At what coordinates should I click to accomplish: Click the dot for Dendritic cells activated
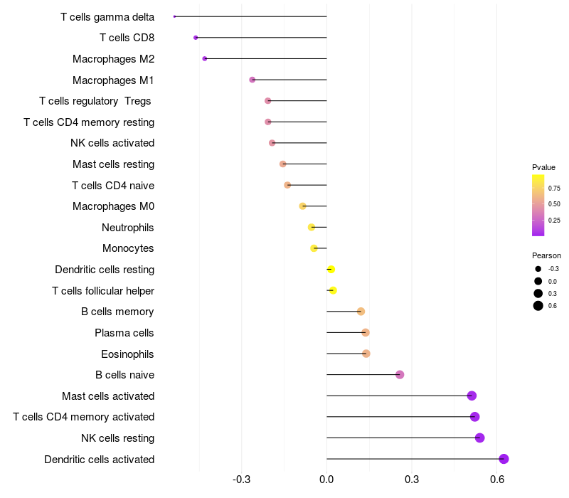[x=504, y=459]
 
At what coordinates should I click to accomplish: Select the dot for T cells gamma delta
[x=174, y=16]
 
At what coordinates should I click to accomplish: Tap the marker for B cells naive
[x=400, y=375]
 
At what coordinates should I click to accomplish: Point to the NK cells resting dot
[x=480, y=438]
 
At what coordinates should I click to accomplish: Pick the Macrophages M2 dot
[x=205, y=58]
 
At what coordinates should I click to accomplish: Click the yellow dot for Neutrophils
[x=312, y=227]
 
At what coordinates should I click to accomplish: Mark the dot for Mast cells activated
[x=472, y=396]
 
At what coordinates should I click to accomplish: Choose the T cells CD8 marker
[x=196, y=37]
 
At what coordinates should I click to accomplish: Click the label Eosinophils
[x=128, y=354]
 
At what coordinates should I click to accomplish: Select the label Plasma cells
[x=124, y=333]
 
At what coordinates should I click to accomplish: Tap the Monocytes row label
[x=128, y=248]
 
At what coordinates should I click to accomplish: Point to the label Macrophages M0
[x=114, y=206]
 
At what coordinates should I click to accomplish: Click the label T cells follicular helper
[x=103, y=290]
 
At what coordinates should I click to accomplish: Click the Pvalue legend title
[x=543, y=167]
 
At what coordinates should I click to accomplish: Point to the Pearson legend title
[x=546, y=255]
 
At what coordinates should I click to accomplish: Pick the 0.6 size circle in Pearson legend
[x=538, y=306]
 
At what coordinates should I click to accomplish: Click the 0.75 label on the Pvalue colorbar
[x=554, y=189]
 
